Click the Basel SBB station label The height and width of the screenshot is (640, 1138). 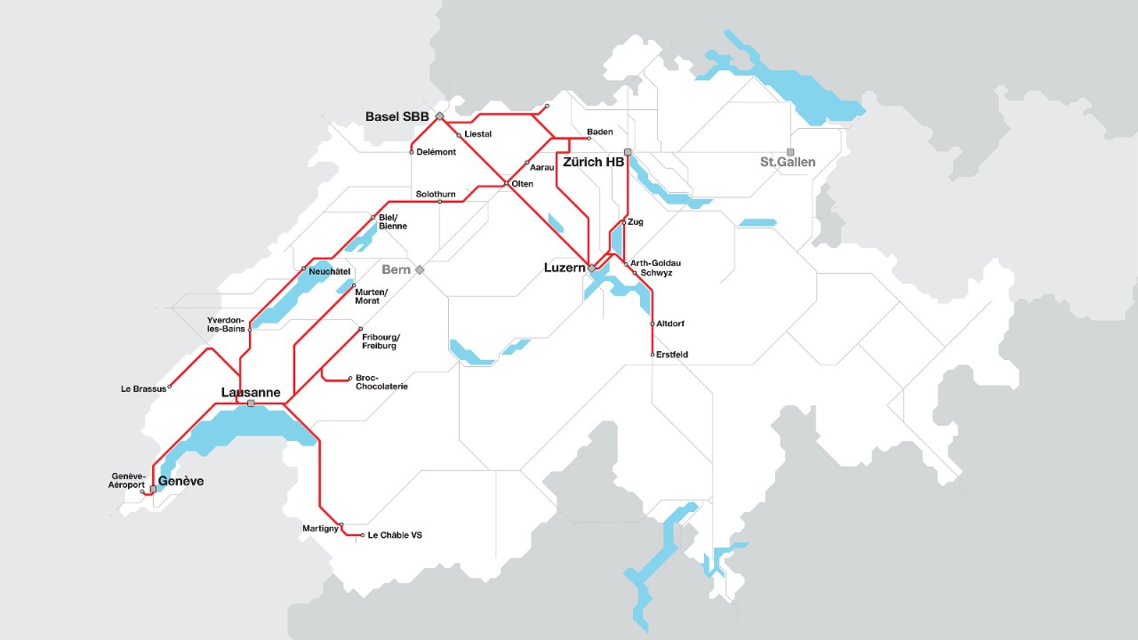point(397,116)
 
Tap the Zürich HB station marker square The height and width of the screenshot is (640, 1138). point(628,152)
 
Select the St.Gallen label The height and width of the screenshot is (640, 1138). point(787,163)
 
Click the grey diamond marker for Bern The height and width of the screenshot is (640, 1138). point(420,269)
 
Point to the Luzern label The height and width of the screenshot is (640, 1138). point(564,268)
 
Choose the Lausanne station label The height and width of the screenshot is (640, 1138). point(251,393)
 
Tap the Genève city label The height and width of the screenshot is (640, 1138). point(180,481)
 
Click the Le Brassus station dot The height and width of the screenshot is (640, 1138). point(170,387)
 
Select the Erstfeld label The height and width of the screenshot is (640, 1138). point(672,355)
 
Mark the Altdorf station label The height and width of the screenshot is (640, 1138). point(670,324)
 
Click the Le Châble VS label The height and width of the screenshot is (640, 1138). point(395,535)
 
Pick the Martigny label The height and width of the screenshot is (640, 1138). point(320,529)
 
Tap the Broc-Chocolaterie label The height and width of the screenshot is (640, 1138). point(381,382)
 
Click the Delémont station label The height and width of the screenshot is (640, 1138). point(436,152)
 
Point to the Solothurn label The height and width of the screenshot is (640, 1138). point(436,194)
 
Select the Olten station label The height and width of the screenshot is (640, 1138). point(523,184)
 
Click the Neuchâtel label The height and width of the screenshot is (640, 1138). point(329,270)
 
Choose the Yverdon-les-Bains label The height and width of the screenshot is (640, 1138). point(227,324)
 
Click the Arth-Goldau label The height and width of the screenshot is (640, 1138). point(656,263)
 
